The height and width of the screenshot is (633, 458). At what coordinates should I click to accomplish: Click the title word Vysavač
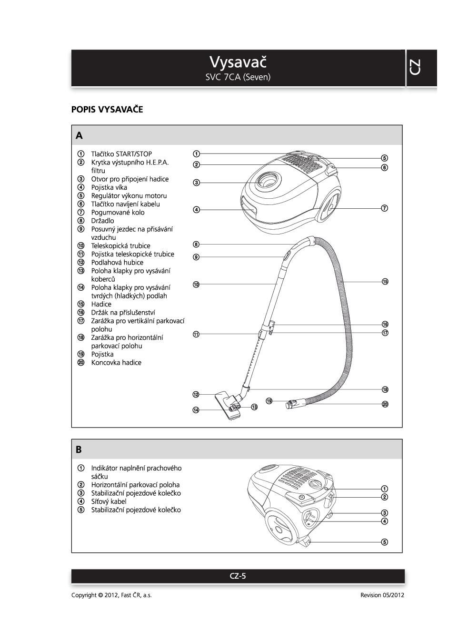pyautogui.click(x=238, y=62)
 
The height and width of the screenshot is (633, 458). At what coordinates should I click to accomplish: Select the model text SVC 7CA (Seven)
pyautogui.click(x=238, y=77)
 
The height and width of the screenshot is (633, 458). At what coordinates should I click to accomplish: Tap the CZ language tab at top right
pyautogui.click(x=415, y=67)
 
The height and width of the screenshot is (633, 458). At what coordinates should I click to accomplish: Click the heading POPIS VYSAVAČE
pyautogui.click(x=107, y=110)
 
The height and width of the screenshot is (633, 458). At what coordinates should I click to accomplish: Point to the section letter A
pyautogui.click(x=79, y=136)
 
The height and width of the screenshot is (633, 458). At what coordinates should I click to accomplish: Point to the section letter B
pyautogui.click(x=79, y=449)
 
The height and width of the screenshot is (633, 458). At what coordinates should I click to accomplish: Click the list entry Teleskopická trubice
pyautogui.click(x=120, y=246)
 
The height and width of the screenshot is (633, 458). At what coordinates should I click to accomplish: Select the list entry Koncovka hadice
pyautogui.click(x=116, y=363)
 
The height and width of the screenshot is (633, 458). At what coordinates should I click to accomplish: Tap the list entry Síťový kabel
pyautogui.click(x=109, y=501)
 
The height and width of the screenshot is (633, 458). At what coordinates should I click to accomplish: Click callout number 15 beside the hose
pyautogui.click(x=385, y=282)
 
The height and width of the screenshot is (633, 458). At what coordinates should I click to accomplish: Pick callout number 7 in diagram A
pyautogui.click(x=385, y=208)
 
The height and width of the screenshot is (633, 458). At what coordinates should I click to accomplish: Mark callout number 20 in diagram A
pyautogui.click(x=385, y=404)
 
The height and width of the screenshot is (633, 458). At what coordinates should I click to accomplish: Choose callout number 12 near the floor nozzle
pyautogui.click(x=196, y=395)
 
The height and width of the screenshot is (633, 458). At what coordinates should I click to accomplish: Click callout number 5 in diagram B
pyautogui.click(x=385, y=542)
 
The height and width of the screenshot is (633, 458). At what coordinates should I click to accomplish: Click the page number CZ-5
pyautogui.click(x=238, y=576)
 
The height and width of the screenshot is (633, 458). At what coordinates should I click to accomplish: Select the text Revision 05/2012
pyautogui.click(x=382, y=595)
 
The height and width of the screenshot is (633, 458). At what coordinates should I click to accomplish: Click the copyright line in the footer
pyautogui.click(x=111, y=595)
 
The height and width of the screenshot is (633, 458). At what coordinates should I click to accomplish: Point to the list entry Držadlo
pyautogui.click(x=102, y=221)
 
